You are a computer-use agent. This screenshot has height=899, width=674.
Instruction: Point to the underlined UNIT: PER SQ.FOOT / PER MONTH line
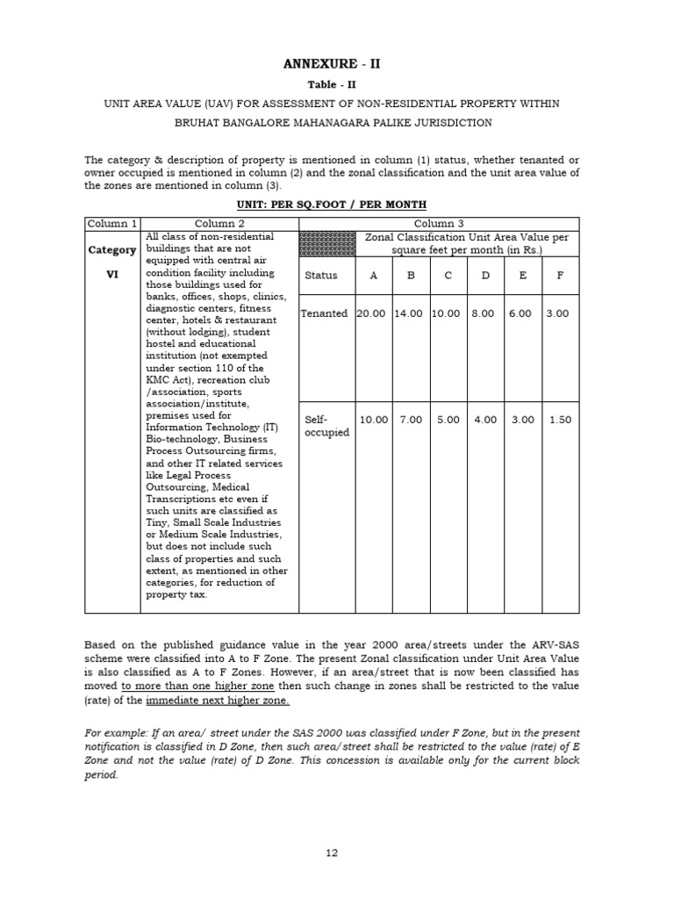pos(332,205)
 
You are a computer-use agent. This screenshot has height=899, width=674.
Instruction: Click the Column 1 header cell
pos(111,224)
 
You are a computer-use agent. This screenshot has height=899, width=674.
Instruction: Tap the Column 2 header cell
pos(219,224)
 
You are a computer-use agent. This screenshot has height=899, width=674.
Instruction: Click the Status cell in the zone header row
pos(321,276)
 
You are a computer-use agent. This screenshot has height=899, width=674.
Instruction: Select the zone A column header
pos(374,276)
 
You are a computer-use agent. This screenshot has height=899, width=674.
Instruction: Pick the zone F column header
pos(560,276)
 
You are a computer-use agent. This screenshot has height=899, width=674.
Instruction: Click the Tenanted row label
pos(325,313)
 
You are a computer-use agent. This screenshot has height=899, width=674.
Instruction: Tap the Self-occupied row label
pos(326,426)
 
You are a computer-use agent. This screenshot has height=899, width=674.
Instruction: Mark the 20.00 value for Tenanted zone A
pos(372,313)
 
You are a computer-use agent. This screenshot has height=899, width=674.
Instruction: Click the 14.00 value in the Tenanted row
pos(410,313)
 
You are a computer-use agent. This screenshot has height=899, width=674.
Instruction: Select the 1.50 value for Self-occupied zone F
pos(560,420)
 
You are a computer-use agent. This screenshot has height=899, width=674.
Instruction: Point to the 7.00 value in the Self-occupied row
pos(410,420)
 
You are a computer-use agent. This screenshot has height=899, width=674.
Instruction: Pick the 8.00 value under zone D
pos(484,313)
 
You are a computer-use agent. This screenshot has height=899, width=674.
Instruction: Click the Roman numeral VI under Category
pos(111,274)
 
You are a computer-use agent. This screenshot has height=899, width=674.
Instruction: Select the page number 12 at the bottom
pos(333,852)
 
